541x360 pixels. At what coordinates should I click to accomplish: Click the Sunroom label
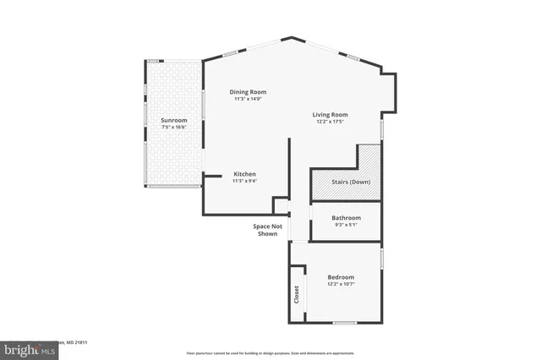(x=173, y=121)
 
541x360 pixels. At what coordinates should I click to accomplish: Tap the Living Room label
(x=330, y=115)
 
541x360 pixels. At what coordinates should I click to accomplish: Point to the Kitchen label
(x=245, y=174)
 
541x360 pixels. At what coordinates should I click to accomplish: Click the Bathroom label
(x=346, y=218)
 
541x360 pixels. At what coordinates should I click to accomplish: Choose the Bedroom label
(x=341, y=277)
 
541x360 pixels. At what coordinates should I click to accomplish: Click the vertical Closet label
(x=297, y=294)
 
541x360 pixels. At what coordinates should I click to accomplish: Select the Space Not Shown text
(x=267, y=230)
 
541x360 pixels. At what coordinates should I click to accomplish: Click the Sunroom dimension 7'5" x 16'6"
(x=173, y=128)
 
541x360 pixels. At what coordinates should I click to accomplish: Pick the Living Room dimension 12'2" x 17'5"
(x=330, y=123)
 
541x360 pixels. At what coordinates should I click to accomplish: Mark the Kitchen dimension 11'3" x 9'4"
(x=245, y=181)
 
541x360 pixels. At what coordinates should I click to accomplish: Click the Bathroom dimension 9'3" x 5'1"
(x=346, y=225)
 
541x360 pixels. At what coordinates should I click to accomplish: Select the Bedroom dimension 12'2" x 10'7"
(x=341, y=284)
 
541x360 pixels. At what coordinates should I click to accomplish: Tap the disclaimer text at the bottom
(x=270, y=352)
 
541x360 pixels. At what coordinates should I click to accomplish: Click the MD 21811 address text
(x=76, y=342)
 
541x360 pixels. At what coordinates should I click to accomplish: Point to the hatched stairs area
(x=369, y=161)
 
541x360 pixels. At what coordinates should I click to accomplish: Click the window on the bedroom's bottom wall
(x=343, y=323)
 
